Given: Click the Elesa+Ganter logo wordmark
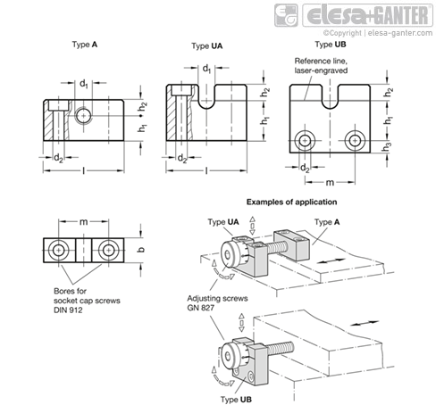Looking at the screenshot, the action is pos(368,15).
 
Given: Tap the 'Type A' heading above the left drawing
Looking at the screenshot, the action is pos(85,45).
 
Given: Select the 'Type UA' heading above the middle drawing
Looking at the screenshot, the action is pos(207,46).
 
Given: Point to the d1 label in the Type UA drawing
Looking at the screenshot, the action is pos(206,69).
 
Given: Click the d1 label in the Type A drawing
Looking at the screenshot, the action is pos(84,84).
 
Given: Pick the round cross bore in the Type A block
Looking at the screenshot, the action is pos(83,115).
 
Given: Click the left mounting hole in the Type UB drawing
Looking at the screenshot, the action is pos(305,140).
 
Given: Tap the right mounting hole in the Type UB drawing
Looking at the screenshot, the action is pos(355,140).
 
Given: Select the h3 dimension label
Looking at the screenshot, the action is pos(387,146).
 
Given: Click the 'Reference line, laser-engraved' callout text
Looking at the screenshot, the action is pos(321,66).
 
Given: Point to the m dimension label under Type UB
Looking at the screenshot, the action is pos(330,182).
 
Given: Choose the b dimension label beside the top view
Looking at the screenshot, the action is pos(141,249).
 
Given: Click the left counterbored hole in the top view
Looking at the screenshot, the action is pos(59,251).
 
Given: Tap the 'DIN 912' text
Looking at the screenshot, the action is pos(68,310).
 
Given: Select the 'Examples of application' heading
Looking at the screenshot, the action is pos(292,202).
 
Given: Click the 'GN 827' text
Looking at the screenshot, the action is pos(201,308).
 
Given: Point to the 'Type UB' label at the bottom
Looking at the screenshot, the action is pos(236,400).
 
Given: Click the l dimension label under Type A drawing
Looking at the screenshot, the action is pos(84,170).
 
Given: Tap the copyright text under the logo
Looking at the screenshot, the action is pos(378,33).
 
